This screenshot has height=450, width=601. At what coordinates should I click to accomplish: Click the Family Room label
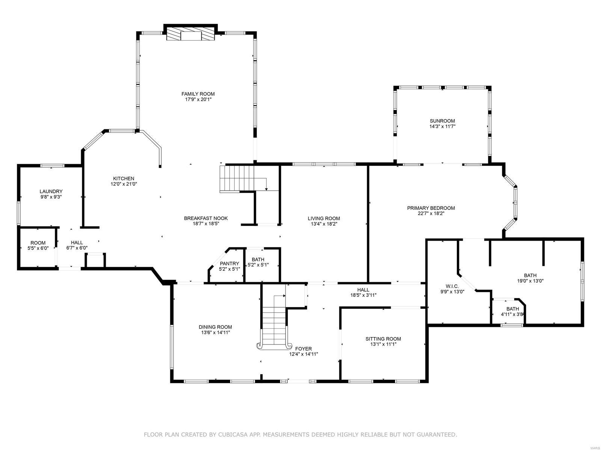[x=198, y=94]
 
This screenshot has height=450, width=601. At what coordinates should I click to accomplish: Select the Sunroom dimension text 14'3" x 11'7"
[x=442, y=127]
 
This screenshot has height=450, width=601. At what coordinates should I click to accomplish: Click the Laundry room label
[x=51, y=191]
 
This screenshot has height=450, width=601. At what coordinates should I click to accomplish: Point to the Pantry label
[x=229, y=263]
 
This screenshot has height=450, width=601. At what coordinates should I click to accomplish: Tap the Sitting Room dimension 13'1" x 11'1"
[x=383, y=344]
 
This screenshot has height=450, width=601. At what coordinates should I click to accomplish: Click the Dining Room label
[x=215, y=327]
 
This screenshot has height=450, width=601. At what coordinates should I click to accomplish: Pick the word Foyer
[x=303, y=349]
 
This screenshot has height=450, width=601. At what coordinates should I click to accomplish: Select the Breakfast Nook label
[x=206, y=218]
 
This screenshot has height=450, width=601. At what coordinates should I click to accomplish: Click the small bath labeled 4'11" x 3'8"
[x=512, y=312]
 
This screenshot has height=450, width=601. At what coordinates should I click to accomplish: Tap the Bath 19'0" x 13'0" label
[x=530, y=275]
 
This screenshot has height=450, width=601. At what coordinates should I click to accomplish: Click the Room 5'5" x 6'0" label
[x=38, y=243]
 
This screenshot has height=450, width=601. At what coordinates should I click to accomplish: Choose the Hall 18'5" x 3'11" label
[x=363, y=290]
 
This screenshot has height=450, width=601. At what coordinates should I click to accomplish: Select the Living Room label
[x=324, y=218]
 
